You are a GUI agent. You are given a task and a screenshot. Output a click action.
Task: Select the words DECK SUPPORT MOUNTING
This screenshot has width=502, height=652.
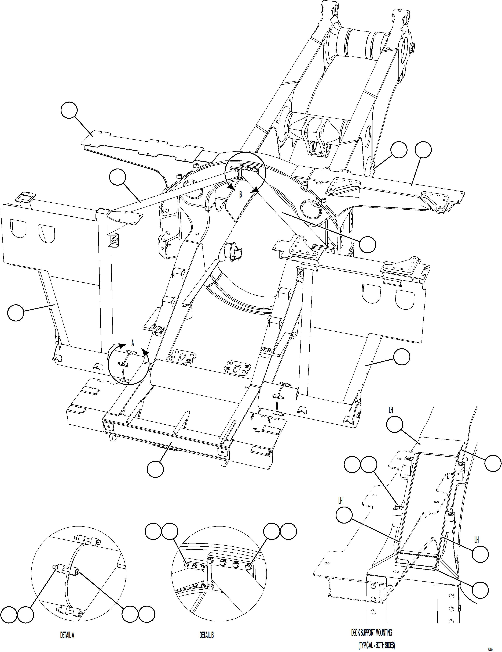pos(371,630)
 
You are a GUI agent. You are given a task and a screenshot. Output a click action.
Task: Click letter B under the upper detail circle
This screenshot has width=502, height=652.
pos(240,195)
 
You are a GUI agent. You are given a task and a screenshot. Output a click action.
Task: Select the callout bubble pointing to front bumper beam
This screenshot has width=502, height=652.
pos(155,468)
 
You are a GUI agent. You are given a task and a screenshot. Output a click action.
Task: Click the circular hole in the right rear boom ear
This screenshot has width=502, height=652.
pos(406,46)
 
